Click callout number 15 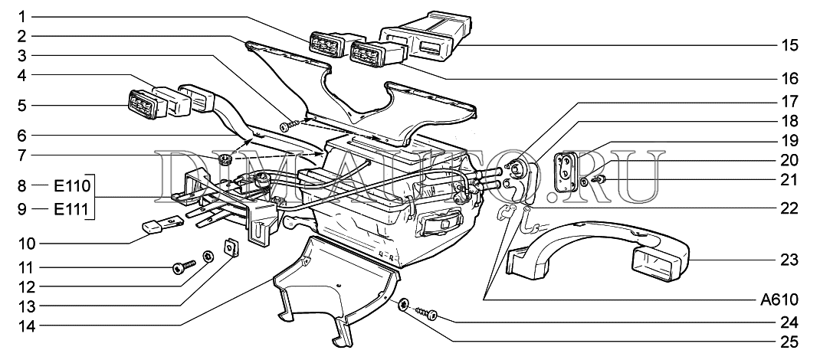[789, 46]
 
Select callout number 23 [789, 260]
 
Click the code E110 [73, 185]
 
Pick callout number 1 [24, 16]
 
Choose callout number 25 [789, 342]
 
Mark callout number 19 [789, 141]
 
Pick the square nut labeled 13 [229, 247]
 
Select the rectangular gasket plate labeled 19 [566, 168]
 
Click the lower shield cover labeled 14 [330, 283]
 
